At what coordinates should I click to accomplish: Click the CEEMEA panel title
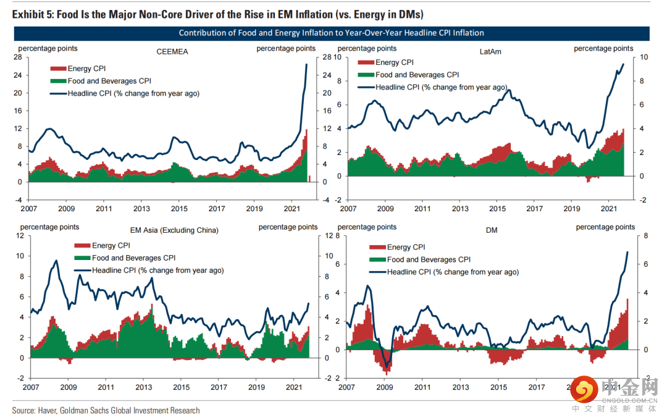172,52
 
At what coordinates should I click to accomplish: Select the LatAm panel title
490,52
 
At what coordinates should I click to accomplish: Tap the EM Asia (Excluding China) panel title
175,230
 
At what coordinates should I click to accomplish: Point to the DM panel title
492,230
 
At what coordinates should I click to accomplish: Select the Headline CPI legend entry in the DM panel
453,272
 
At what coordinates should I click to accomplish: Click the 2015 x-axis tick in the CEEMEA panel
179,209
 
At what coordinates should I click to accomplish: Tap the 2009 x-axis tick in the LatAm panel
385,209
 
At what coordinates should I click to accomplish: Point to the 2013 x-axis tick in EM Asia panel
143,387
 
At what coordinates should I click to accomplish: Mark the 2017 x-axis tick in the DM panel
534,387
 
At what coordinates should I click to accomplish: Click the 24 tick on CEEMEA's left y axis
19,75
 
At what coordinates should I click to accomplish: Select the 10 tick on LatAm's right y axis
643,57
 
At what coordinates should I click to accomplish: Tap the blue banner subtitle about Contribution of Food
331,33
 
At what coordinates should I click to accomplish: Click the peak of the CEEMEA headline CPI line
307,64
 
